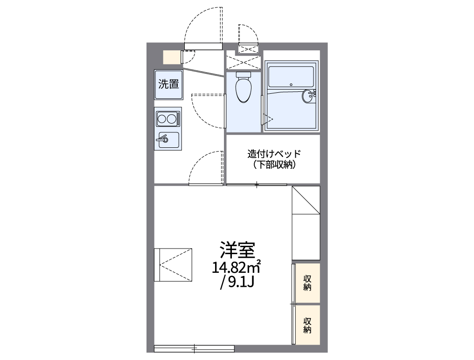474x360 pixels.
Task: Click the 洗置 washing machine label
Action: (x=168, y=84)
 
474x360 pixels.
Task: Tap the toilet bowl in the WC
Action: (x=243, y=91)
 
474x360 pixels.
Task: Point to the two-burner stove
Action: (x=168, y=119)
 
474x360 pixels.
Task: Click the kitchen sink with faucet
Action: (x=168, y=139)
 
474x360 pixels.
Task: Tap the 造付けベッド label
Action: (x=274, y=153)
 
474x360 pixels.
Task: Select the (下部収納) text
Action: (x=274, y=165)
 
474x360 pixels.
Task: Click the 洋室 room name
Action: (x=237, y=251)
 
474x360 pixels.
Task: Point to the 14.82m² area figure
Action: (x=237, y=267)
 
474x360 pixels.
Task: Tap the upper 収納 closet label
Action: (x=307, y=283)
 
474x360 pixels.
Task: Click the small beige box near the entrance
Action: (x=171, y=57)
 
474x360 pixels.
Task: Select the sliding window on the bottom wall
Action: (x=194, y=348)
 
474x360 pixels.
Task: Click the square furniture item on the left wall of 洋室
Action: (x=173, y=264)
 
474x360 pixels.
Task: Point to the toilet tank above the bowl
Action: (x=243, y=75)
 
